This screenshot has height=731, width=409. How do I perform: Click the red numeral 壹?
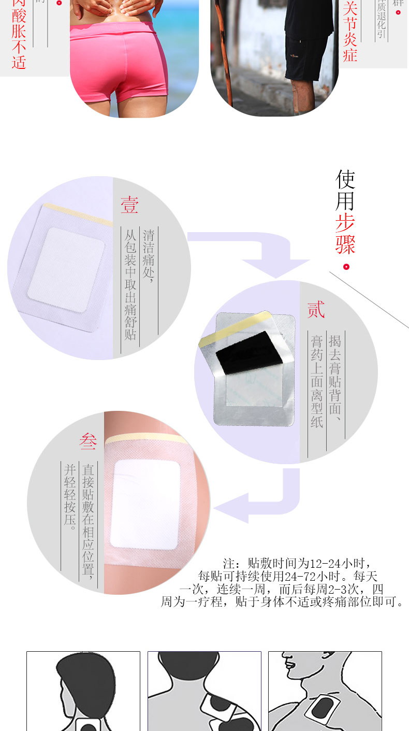pos(129,205)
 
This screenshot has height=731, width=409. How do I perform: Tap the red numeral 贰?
pos(316,310)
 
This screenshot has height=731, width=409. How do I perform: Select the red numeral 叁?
pos(88,441)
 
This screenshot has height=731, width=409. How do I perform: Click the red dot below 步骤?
pos(346,267)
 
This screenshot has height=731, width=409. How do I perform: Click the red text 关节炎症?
pos(350,31)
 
